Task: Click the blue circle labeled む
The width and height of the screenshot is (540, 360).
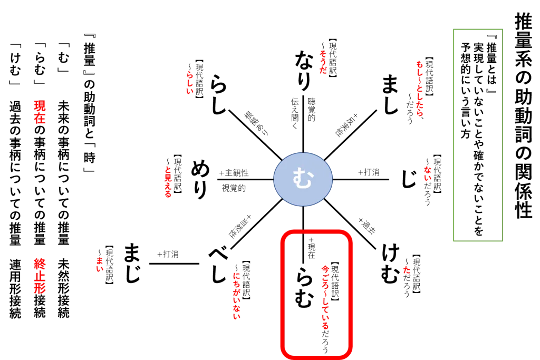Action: [303, 179]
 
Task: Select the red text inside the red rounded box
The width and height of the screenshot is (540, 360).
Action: [325, 297]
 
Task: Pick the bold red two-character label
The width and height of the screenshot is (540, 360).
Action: [40, 111]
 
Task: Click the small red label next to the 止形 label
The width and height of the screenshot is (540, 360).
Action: [100, 265]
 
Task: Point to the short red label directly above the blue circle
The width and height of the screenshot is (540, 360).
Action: [322, 63]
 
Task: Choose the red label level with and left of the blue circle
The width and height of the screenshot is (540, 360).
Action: [168, 182]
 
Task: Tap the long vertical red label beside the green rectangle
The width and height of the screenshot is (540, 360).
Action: [419, 89]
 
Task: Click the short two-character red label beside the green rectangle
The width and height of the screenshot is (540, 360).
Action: [427, 173]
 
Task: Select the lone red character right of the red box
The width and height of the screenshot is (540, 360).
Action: [406, 270]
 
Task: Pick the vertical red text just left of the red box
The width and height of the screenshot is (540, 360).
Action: [236, 296]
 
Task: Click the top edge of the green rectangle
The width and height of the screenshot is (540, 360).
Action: [479, 30]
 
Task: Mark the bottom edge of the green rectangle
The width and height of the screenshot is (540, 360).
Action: [479, 242]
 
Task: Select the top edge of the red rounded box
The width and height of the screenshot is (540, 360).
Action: [316, 231]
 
